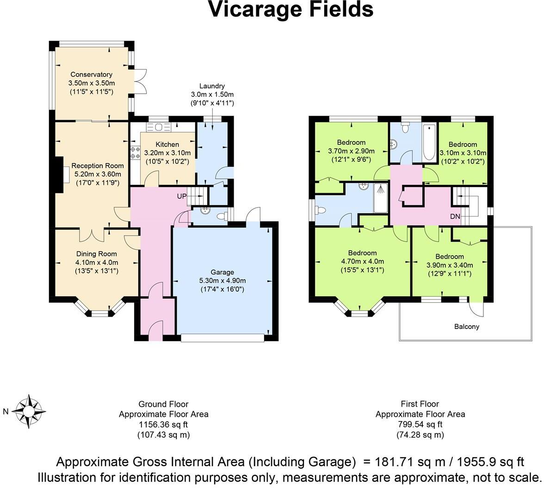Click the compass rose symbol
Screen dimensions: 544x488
pyautogui.click(x=29, y=411)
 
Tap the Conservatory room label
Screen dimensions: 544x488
pyautogui.click(x=91, y=74)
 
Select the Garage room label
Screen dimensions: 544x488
pyautogui.click(x=223, y=272)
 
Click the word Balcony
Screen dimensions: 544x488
pyautogui.click(x=467, y=326)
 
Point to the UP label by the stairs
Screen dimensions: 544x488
pyautogui.click(x=182, y=196)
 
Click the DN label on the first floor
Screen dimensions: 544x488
pyautogui.click(x=455, y=216)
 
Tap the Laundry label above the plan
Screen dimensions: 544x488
pyautogui.click(x=212, y=86)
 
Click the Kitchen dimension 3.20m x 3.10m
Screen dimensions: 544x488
pyautogui.click(x=167, y=153)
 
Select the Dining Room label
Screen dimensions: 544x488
pyautogui.click(x=96, y=254)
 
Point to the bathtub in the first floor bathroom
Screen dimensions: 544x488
pyautogui.click(x=429, y=143)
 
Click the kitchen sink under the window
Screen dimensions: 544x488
pyautogui.click(x=159, y=127)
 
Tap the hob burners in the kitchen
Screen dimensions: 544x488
pyautogui.click(x=135, y=153)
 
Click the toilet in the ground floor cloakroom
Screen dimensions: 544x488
pyautogui.click(x=221, y=216)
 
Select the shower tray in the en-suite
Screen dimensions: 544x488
pyautogui.click(x=381, y=199)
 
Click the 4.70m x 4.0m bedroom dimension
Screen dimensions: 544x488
pyautogui.click(x=363, y=262)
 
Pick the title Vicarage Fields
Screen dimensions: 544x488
pyautogui.click(x=291, y=9)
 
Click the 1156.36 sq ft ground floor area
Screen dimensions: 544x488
pyautogui.click(x=163, y=424)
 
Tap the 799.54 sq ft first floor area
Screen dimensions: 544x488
pyautogui.click(x=420, y=424)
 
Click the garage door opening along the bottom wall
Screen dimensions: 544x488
pyautogui.click(x=223, y=338)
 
